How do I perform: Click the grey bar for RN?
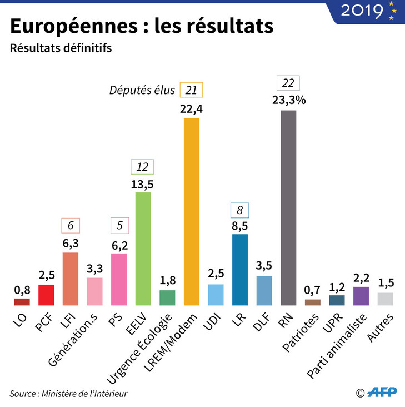tap(288, 208)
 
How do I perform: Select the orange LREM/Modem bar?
tap(191, 211)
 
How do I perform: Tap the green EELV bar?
tap(143, 249)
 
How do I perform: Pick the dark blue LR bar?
tap(240, 270)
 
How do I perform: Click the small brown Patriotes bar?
tap(313, 302)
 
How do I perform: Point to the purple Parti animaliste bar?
tap(361, 296)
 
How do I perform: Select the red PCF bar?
tap(46, 295)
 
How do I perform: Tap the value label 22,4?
tap(191, 109)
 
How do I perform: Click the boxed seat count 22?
tap(288, 83)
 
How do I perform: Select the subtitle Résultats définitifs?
tap(61, 48)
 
